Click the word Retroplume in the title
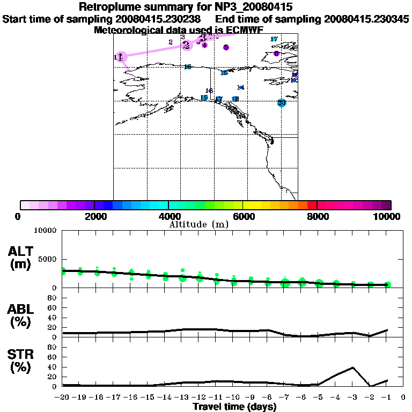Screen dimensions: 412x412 pyautogui.click(x=109, y=8)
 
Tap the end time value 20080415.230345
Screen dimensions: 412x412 pyautogui.click(x=366, y=19)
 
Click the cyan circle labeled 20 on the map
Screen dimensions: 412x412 pyautogui.click(x=282, y=103)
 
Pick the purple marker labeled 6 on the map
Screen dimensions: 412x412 pyautogui.click(x=276, y=54)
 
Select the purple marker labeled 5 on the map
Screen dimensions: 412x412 pyautogui.click(x=226, y=47)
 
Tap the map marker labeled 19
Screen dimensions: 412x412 pyautogui.click(x=204, y=98)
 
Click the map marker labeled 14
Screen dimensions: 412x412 pyautogui.click(x=240, y=87)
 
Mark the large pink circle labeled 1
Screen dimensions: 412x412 pyautogui.click(x=121, y=57)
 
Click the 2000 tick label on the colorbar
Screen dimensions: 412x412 pyautogui.click(x=94, y=217)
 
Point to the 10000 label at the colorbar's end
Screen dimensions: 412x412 pyautogui.click(x=388, y=217)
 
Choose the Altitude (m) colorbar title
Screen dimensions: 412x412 pyautogui.click(x=198, y=224)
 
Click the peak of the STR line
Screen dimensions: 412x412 pyautogui.click(x=353, y=367)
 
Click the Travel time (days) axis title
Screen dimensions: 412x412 pyautogui.click(x=235, y=407)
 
